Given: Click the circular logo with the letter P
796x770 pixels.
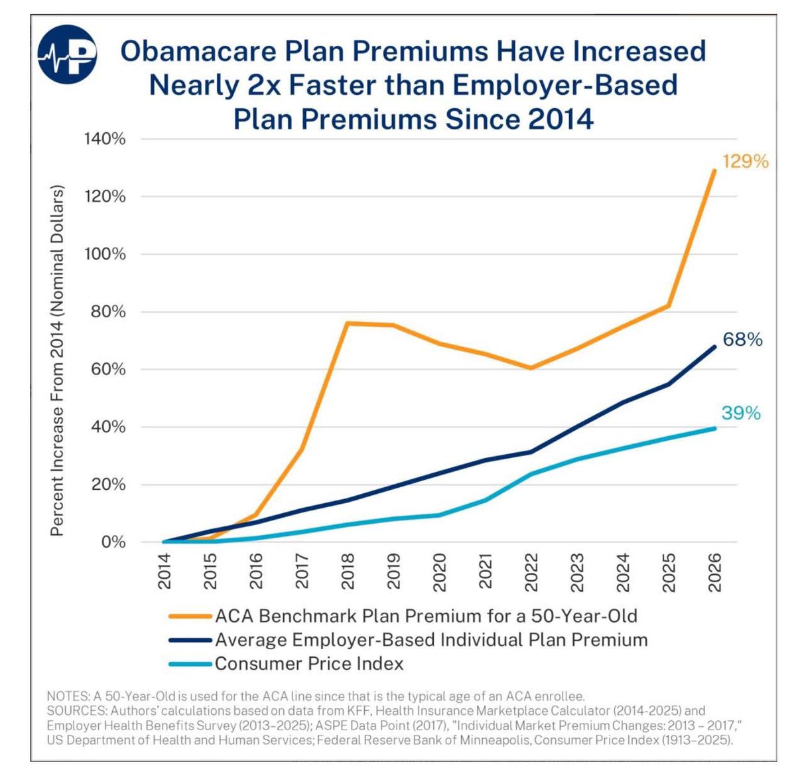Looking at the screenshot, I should pos(67,54).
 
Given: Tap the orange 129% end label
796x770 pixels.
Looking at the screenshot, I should pos(745,161).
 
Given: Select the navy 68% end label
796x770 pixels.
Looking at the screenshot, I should pos(742,339).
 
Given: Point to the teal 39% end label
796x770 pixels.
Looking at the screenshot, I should pos(741,413).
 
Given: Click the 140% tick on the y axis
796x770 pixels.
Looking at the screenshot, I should pos(105,139).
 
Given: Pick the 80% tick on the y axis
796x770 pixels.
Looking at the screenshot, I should pos(105,312).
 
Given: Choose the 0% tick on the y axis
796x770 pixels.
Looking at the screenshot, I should pos(113,542).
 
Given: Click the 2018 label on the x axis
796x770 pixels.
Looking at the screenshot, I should pos(348,571).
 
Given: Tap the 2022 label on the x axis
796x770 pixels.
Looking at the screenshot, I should pos(531,571).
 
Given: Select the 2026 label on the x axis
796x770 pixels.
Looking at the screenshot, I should pos(714,571).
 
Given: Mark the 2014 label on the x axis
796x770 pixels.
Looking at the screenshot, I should pos(165,571).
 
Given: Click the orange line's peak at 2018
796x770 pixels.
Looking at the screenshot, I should pos(348,323).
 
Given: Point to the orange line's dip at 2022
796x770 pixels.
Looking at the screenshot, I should pos(531,368).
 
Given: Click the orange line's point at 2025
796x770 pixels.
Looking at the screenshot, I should pos(669,306).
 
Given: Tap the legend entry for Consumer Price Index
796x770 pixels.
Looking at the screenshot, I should pos(308,663).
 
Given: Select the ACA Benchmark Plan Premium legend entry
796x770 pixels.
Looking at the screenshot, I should pos(425,616).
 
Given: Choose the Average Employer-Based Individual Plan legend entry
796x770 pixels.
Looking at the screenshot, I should pos(431,640).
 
